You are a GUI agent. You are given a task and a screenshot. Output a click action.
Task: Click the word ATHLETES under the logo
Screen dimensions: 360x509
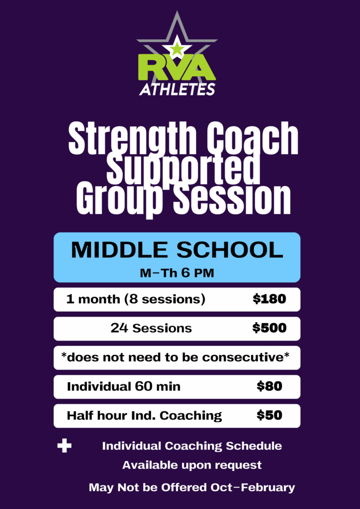(177, 89)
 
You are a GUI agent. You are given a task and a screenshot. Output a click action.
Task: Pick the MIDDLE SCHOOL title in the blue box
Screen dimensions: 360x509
(177, 251)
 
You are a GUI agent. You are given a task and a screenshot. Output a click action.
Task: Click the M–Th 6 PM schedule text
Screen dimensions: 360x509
(177, 273)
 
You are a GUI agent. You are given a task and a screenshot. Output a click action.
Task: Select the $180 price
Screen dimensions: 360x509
(270, 299)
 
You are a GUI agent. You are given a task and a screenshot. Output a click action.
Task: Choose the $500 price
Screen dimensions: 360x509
(270, 328)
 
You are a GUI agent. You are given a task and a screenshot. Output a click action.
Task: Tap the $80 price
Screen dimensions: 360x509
(270, 386)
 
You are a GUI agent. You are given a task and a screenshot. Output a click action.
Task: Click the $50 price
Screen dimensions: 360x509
(270, 416)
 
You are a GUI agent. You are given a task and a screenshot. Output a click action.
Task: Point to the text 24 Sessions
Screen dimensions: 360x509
(151, 329)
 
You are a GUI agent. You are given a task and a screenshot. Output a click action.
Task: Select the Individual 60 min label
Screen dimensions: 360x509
(124, 387)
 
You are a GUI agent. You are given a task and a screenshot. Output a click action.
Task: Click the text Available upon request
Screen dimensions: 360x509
(192, 465)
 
